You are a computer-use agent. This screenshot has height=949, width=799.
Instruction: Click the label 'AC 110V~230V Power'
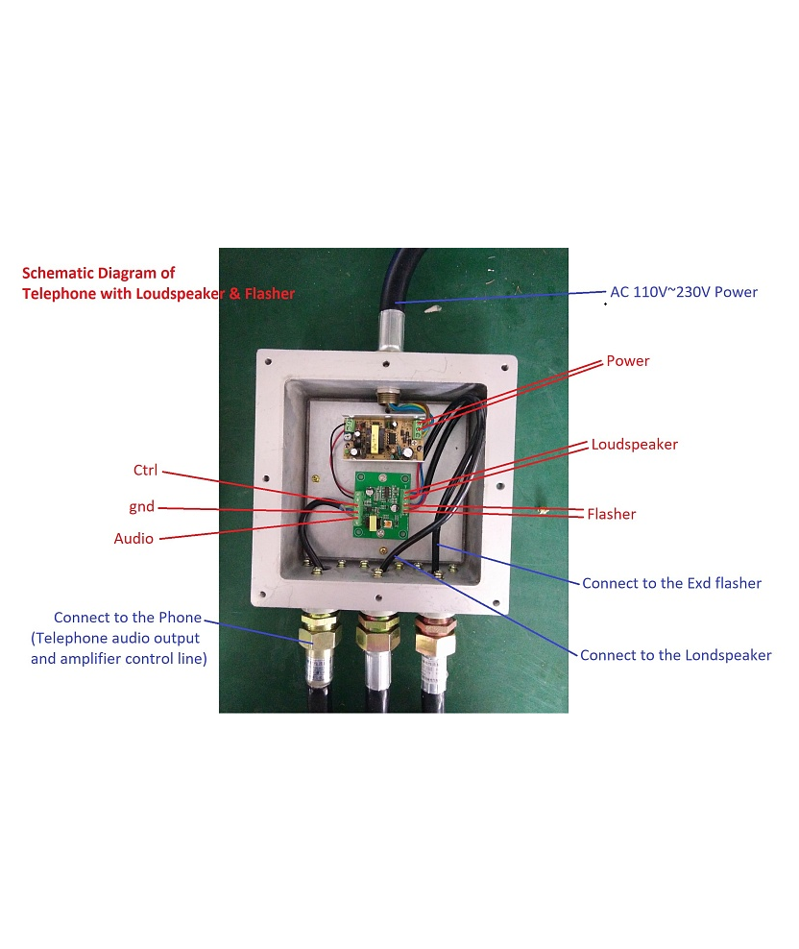click(x=684, y=292)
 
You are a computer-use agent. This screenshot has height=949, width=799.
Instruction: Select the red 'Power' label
click(x=627, y=361)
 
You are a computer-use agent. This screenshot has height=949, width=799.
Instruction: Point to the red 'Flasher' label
click(x=611, y=514)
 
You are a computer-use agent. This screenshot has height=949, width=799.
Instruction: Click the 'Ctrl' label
click(x=145, y=471)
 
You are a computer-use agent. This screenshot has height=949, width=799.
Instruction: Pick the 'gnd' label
click(x=141, y=506)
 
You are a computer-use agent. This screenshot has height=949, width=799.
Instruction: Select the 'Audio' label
click(x=133, y=539)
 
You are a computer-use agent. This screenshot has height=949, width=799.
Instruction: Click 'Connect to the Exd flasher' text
click(x=671, y=583)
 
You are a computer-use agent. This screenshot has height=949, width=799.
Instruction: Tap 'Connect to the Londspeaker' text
click(x=675, y=655)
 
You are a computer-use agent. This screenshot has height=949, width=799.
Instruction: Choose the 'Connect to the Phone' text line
click(x=127, y=618)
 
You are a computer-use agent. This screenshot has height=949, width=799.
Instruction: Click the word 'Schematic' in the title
click(x=59, y=274)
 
